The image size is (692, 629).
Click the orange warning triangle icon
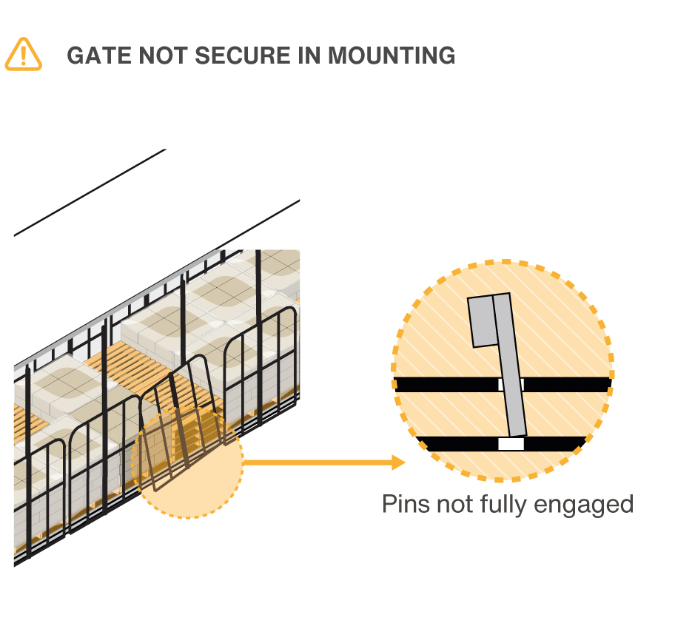24,55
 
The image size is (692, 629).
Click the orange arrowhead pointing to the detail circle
398,462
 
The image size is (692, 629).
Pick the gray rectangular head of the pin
483,320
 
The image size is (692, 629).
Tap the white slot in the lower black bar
511,444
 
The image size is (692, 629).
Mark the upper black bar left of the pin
444,384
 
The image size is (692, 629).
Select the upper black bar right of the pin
566,384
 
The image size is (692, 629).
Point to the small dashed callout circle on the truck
188,462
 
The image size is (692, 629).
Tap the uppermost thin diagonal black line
89,192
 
